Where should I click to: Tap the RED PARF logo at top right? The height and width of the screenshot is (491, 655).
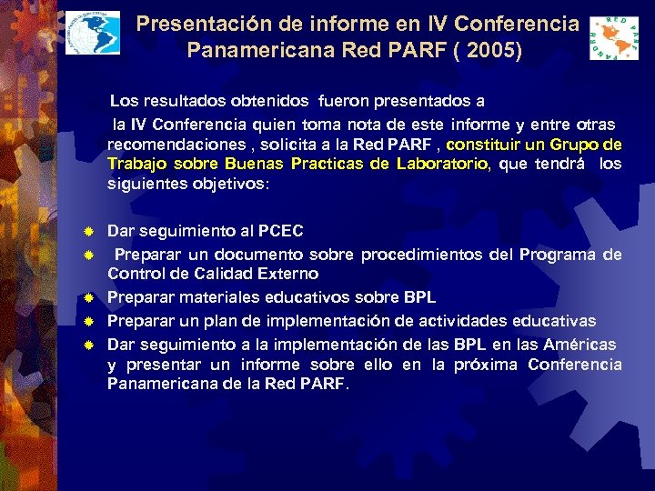click(614, 38)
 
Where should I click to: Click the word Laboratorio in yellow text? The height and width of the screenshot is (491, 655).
click(440, 164)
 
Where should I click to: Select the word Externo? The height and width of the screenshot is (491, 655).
click(287, 273)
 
